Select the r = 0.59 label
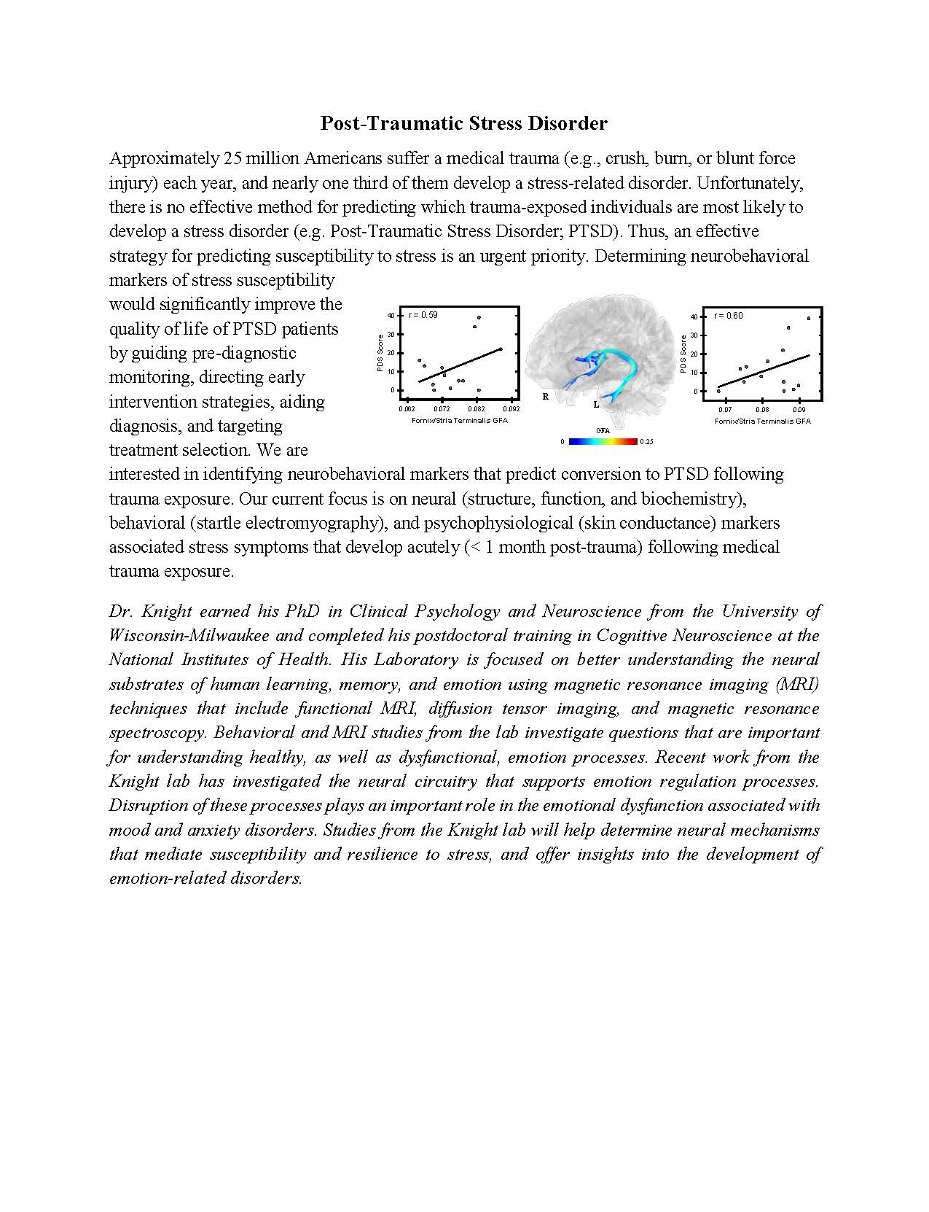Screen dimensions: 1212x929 pos(423,315)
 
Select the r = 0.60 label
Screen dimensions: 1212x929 pos(729,316)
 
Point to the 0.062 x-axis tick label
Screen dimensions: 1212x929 pos(409,409)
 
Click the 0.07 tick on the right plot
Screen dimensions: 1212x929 pos(726,410)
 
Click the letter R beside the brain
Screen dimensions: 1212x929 pos(545,397)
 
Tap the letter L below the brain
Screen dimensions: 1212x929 pos(596,404)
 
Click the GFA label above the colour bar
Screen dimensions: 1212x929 pos(603,431)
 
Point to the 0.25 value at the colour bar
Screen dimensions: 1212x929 pos(647,442)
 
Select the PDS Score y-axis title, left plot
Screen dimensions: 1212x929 pos(380,353)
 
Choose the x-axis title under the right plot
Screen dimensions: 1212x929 pos(762,421)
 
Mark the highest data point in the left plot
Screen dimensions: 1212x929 pos(479,318)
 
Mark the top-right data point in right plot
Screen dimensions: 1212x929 pos(809,319)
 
